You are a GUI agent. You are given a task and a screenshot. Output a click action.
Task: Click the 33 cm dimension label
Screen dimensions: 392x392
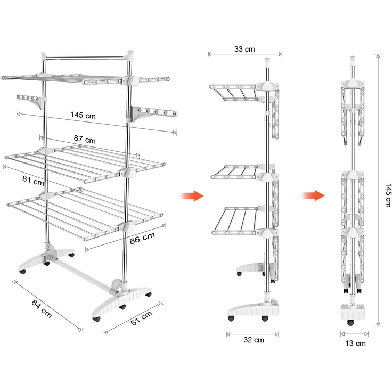(244, 49)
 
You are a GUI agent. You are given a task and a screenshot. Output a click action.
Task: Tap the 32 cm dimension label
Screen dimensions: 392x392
(254, 340)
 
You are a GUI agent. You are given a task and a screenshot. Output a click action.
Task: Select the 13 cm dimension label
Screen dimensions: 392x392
(355, 343)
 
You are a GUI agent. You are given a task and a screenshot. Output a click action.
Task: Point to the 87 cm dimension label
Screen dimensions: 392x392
(85, 139)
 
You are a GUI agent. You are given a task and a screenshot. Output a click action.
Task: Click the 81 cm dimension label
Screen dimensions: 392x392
(33, 180)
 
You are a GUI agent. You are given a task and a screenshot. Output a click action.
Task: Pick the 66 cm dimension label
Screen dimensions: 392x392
(142, 238)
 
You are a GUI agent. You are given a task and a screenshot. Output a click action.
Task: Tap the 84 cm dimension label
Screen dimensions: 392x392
(42, 309)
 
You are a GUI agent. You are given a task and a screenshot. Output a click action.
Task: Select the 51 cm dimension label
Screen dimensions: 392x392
(142, 318)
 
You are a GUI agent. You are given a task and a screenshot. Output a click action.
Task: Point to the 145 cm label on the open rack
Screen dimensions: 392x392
(83, 115)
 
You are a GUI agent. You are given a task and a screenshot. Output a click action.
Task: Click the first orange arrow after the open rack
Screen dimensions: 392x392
(192, 196)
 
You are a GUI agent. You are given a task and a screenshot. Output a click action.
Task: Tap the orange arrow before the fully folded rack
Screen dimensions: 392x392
(313, 195)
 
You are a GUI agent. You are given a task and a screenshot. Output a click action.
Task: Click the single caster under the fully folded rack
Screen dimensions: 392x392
(350, 323)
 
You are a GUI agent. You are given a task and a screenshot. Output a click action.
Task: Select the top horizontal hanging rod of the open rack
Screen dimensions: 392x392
(85, 58)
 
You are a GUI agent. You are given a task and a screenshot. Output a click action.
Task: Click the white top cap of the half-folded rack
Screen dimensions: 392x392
(267, 62)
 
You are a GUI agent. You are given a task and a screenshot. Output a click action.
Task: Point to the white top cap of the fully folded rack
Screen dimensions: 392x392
(353, 61)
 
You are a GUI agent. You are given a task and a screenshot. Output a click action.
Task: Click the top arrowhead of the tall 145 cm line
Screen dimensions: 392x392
(378, 56)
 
